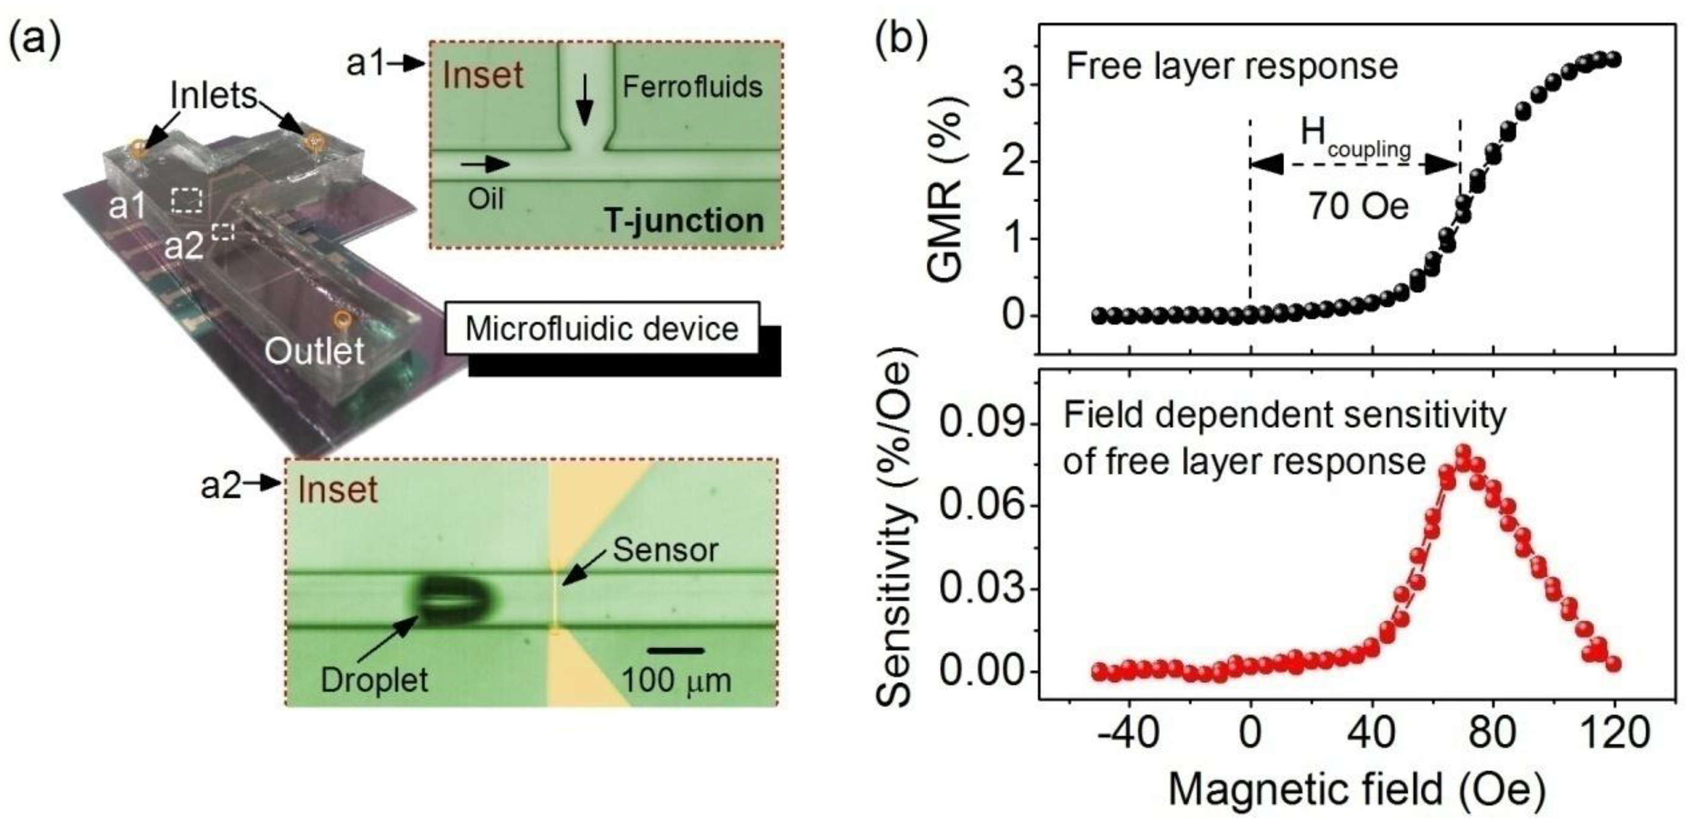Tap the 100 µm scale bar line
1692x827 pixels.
[675, 651]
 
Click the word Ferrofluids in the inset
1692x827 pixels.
[692, 86]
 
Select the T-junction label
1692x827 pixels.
[684, 221]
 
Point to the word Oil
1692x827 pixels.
[485, 198]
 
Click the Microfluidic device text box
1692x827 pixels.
[602, 329]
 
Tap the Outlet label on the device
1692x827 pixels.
[314, 352]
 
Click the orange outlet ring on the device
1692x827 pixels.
[341, 319]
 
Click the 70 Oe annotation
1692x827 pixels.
[1359, 207]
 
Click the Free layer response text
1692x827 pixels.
[1232, 66]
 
